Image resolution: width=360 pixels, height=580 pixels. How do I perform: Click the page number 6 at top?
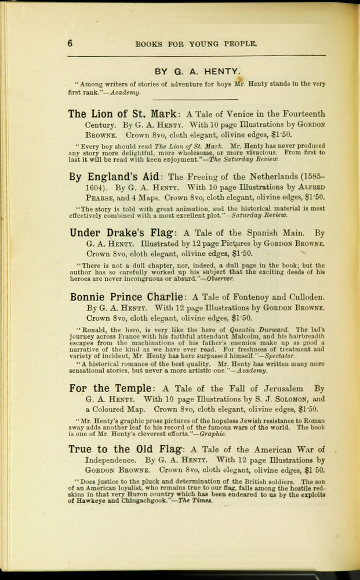coord(70,43)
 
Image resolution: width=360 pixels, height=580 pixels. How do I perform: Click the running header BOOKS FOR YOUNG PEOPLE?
coord(195,43)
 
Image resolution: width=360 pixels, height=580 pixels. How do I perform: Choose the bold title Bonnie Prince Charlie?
coord(127,297)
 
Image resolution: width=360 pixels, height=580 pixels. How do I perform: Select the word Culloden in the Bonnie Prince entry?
coord(303,298)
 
